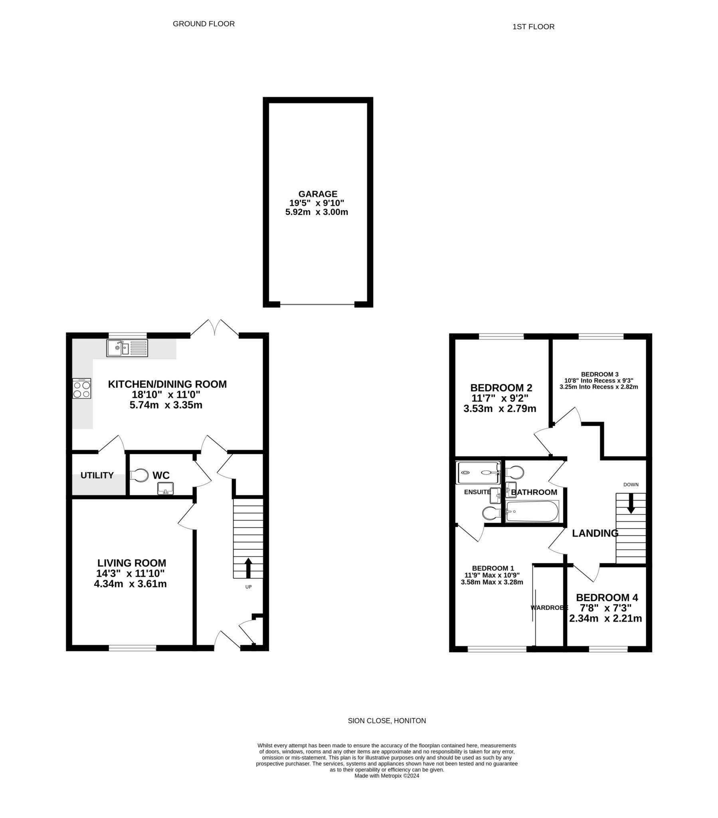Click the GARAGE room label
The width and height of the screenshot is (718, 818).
[318, 194]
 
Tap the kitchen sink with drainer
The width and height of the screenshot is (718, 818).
[127, 348]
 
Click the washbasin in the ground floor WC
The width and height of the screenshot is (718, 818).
[165, 488]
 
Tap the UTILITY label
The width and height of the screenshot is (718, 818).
[97, 475]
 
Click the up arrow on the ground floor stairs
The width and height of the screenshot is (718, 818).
[248, 568]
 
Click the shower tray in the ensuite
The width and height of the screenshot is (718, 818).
[478, 473]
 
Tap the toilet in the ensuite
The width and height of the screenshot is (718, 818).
[490, 513]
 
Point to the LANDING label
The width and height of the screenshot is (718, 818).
[595, 533]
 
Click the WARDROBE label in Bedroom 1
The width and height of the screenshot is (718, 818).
[549, 608]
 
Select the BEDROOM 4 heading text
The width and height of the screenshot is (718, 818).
[607, 598]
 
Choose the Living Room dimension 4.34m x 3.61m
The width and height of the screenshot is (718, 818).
[131, 584]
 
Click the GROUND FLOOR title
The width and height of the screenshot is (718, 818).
[204, 24]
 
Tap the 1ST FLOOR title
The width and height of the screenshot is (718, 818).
[533, 27]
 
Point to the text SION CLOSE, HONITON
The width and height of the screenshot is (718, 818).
[387, 721]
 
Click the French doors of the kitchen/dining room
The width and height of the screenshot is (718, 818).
[214, 328]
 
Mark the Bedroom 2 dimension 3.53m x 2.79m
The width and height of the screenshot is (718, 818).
[500, 409]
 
